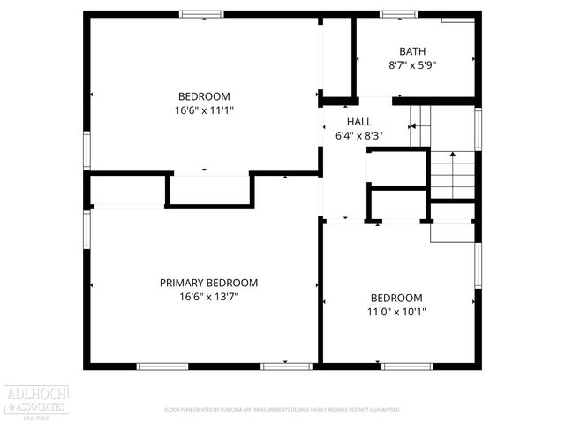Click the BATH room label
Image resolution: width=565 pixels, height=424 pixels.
[412, 50]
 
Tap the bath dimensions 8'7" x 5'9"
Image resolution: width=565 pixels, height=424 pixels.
[412, 65]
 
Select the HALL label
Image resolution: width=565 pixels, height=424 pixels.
[359, 121]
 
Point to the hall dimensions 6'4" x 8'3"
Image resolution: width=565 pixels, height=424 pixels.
[359, 136]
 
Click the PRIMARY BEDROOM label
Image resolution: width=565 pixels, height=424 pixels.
[208, 283]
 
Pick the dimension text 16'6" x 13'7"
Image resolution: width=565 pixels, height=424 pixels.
[208, 298]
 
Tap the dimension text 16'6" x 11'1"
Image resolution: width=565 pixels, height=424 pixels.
[204, 111]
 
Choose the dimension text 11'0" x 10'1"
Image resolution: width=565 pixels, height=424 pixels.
[396, 312]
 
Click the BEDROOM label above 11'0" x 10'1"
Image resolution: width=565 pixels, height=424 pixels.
[396, 298]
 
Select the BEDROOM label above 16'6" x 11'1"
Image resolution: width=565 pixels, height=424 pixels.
[204, 96]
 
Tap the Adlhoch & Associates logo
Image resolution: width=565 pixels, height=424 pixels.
[36, 398]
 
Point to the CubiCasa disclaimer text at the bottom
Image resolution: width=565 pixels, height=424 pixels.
[282, 410]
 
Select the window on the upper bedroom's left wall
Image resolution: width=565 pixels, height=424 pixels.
[87, 149]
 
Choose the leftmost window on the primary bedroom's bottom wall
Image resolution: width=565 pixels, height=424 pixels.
[162, 366]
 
